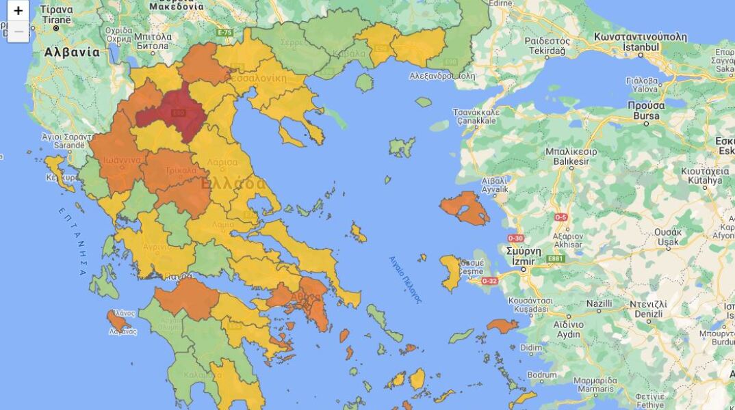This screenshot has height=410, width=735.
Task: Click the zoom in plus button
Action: tap(18, 11)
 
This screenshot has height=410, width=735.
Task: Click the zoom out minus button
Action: tap(18, 31)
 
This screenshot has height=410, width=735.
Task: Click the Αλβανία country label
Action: tap(72, 52)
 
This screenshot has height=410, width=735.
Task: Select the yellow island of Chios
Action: tap(450, 271)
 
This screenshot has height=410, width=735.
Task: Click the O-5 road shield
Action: tap(561, 217)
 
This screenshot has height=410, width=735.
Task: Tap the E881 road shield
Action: tap(555, 258)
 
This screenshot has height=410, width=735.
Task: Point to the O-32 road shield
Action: tap(489, 280)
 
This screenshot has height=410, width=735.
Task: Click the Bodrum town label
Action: tap(542, 374)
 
